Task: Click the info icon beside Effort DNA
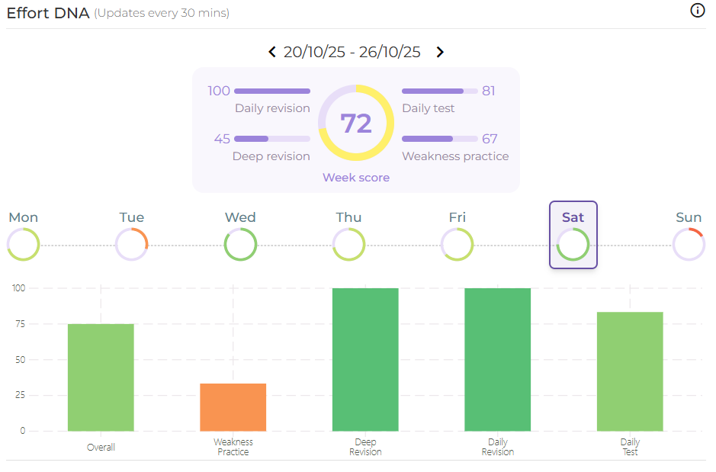(x=697, y=11)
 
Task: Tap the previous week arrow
(x=272, y=52)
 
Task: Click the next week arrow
(x=440, y=52)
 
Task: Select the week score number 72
(x=356, y=124)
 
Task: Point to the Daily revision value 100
(x=219, y=91)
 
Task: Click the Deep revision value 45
(x=222, y=139)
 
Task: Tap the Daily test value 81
(x=489, y=91)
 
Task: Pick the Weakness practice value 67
(x=490, y=139)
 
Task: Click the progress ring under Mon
(x=23, y=245)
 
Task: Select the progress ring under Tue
(x=131, y=245)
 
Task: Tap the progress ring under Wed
(x=240, y=245)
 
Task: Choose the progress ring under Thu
(x=348, y=245)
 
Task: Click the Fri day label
(x=458, y=217)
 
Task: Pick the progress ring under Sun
(x=689, y=245)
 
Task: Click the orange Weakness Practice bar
(x=233, y=407)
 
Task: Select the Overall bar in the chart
(x=101, y=377)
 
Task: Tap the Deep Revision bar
(x=365, y=359)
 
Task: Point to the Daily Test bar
(x=630, y=371)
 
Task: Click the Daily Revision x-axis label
(x=498, y=447)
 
